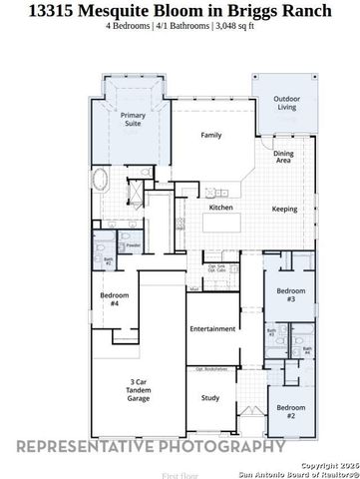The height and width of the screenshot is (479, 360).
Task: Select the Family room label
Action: tap(210, 135)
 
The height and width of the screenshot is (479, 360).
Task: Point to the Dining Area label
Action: tap(284, 157)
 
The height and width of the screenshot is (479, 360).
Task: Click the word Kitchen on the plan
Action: tap(220, 208)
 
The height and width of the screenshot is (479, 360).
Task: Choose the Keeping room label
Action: tap(285, 209)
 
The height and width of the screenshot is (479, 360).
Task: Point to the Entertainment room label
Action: tap(211, 329)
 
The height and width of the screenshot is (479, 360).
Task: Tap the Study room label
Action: tap(210, 398)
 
